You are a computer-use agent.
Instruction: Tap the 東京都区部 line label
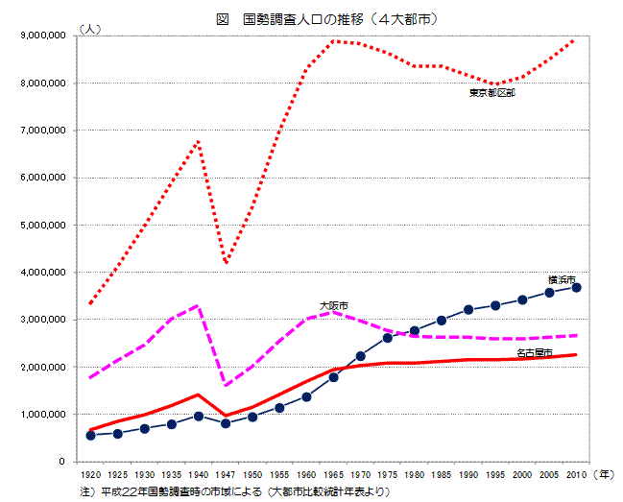491,93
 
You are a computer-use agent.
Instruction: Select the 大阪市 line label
333,304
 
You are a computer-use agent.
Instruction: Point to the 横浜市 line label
562,278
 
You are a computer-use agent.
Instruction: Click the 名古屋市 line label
533,353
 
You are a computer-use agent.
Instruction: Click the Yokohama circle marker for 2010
576,287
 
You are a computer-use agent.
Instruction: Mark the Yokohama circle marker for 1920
90,435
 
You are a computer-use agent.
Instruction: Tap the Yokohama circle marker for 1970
360,356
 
